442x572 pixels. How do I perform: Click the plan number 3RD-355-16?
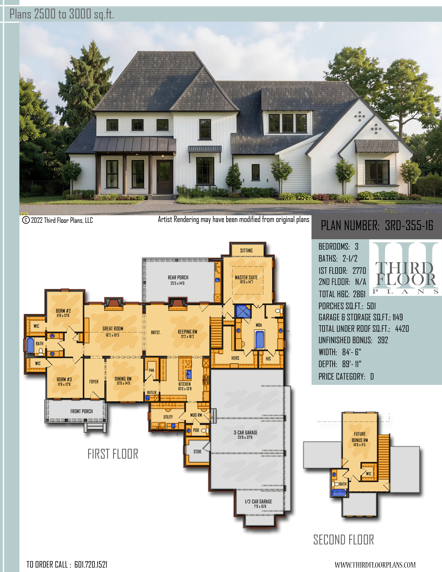[x=409, y=225]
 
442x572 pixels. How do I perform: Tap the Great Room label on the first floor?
[x=113, y=329]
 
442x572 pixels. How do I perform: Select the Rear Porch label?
[x=178, y=277]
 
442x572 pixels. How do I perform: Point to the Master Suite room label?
[x=246, y=277]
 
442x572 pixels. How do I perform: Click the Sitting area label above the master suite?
[x=246, y=250]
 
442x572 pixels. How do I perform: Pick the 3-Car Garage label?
[x=246, y=433]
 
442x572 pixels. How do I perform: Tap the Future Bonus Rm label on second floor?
[x=360, y=437]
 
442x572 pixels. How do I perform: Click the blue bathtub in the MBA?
[x=259, y=340]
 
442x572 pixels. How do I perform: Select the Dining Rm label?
[x=123, y=379]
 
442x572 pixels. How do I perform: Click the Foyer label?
[x=94, y=382]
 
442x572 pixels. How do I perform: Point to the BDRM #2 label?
[x=63, y=311]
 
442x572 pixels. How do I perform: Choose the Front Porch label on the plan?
[x=81, y=411]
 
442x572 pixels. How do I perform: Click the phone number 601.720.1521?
[x=91, y=564]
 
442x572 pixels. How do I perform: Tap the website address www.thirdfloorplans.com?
[x=375, y=565]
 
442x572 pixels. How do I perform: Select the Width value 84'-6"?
[x=352, y=352]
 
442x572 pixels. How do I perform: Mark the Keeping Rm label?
[x=187, y=331]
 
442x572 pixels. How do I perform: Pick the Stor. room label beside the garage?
[x=198, y=452]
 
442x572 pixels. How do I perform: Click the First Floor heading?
[x=113, y=454]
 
